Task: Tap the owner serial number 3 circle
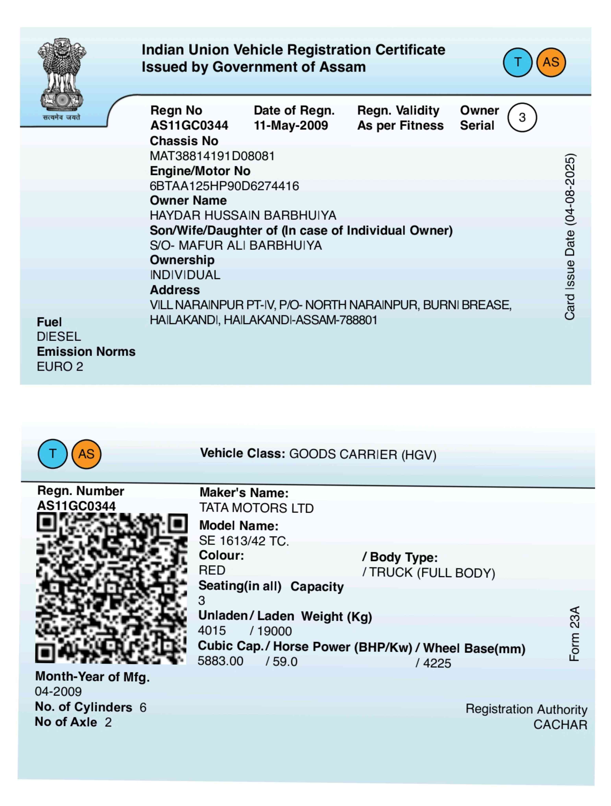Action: click(522, 117)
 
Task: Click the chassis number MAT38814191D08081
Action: click(212, 156)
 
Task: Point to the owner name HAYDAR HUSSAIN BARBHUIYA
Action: click(243, 215)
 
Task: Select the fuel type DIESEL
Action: click(59, 336)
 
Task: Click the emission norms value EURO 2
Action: click(60, 366)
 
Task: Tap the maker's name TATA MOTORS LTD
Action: click(256, 508)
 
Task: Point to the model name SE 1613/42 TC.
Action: click(244, 541)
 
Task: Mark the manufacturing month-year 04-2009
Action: click(58, 691)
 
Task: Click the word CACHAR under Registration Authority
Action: click(560, 725)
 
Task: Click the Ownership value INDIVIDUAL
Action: click(185, 275)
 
